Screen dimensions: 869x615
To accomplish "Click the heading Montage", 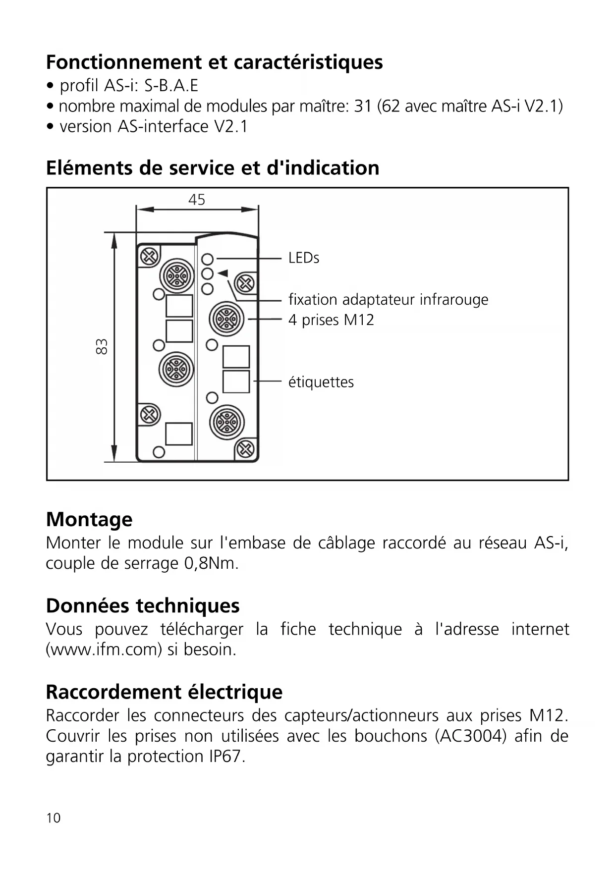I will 89,519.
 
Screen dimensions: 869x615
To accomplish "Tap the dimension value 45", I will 197,200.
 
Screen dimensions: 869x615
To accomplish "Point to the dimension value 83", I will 101,347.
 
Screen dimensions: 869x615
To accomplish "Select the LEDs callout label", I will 304,258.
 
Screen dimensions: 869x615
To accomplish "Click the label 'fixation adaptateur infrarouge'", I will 388,300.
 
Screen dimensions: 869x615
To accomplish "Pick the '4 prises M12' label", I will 331,320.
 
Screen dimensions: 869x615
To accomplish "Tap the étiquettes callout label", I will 321,382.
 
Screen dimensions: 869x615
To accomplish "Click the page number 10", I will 54,818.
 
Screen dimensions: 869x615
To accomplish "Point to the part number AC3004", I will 471,736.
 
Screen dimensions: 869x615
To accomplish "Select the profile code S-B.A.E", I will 171,86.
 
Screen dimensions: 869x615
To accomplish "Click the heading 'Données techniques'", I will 143,605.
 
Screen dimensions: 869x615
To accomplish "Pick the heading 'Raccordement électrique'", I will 164,692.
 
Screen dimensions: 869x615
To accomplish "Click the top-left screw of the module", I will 149,257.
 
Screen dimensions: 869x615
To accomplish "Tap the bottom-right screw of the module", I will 245,449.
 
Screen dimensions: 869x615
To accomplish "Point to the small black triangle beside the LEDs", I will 223,273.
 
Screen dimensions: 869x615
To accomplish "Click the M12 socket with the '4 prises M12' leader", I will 227,319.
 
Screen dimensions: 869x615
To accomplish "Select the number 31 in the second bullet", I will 363,107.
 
